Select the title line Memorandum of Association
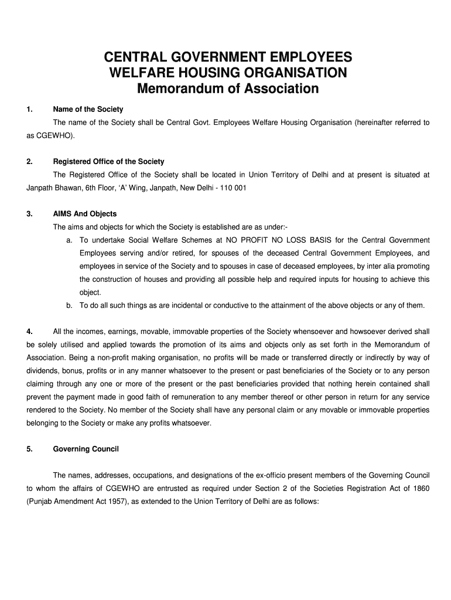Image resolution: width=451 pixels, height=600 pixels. click(x=227, y=89)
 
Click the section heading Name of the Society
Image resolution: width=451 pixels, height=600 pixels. click(x=88, y=110)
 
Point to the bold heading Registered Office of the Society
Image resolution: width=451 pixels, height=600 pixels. click(x=108, y=161)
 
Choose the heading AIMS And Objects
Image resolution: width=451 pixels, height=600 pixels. click(x=85, y=214)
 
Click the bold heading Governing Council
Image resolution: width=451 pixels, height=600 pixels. click(x=86, y=449)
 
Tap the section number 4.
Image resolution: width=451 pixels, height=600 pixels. click(x=29, y=332)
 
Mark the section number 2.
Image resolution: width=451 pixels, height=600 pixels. click(x=29, y=161)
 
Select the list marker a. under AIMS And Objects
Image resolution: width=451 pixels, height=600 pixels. click(x=69, y=240)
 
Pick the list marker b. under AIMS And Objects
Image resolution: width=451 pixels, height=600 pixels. click(x=69, y=305)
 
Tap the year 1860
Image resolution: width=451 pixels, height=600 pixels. click(x=421, y=487)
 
